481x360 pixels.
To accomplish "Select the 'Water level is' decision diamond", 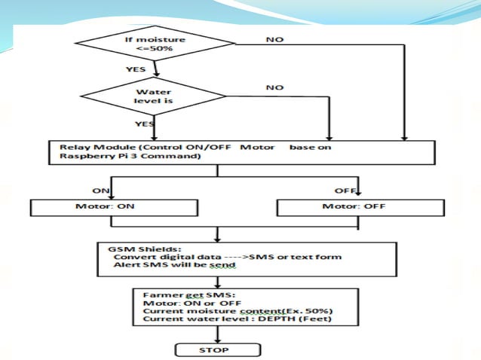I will [x=155, y=96].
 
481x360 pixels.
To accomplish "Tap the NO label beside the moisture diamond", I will [x=275, y=39].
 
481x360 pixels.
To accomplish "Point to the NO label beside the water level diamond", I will [x=275, y=87].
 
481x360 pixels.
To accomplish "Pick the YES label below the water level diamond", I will [x=145, y=123].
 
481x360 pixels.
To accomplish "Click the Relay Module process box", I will [x=241, y=152].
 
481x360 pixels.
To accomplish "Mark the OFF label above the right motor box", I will [x=345, y=191].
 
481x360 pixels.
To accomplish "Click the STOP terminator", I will [x=219, y=349].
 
